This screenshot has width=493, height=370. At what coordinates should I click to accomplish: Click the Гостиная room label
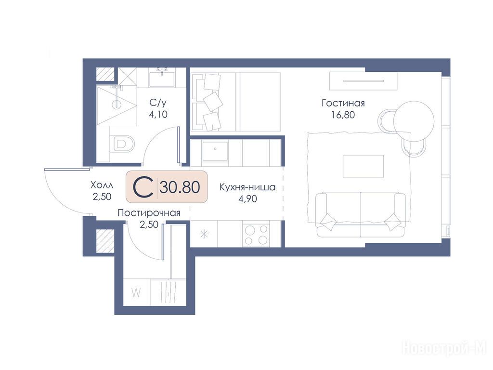pyautogui.click(x=343, y=103)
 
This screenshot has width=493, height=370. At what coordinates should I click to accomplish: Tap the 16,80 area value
pyautogui.click(x=343, y=115)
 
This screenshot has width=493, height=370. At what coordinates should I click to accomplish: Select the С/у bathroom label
pyautogui.click(x=158, y=103)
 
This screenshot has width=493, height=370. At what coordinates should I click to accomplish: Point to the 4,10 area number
pyautogui.click(x=158, y=114)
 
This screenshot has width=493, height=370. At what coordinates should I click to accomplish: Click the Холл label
pyautogui.click(x=102, y=185)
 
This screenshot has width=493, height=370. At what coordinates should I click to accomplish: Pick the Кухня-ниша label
pyautogui.click(x=247, y=187)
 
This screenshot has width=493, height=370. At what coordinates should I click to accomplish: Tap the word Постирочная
pyautogui.click(x=149, y=213)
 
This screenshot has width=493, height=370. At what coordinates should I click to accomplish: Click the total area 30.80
pyautogui.click(x=180, y=187)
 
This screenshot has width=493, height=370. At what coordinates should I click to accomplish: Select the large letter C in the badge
pyautogui.click(x=143, y=187)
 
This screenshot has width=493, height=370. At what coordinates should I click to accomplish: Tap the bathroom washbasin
pyautogui.click(x=162, y=79)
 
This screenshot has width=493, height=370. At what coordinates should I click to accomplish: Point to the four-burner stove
pyautogui.click(x=256, y=235)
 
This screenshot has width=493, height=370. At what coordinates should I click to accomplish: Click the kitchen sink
pyautogui.click(x=215, y=151)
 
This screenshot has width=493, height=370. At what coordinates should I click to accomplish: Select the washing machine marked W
pyautogui.click(x=136, y=292)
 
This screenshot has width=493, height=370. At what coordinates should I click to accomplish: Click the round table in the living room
pyautogui.click(x=414, y=121)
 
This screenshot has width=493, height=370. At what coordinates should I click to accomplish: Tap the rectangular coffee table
pyautogui.click(x=363, y=166)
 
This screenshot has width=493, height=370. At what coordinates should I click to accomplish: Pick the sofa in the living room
pyautogui.click(x=361, y=214)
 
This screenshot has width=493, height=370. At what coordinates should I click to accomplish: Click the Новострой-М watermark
pyautogui.click(x=444, y=348)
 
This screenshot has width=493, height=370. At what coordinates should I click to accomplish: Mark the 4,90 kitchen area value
pyautogui.click(x=248, y=199)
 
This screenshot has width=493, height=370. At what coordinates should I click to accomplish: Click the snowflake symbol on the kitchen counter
pyautogui.click(x=204, y=234)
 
